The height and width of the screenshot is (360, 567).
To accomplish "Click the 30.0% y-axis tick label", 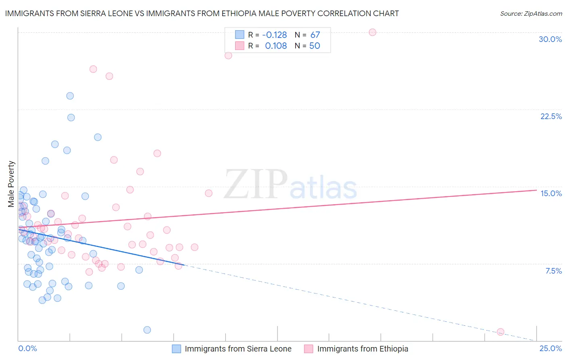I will click(550, 39).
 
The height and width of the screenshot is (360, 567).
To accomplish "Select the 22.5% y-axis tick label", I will click(551, 116).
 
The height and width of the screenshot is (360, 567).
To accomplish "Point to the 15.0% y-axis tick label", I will click(551, 193).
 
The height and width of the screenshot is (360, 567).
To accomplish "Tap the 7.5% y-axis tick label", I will click(553, 271).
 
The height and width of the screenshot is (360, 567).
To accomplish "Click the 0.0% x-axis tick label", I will click(27, 348).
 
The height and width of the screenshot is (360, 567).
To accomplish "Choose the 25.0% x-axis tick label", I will click(550, 348).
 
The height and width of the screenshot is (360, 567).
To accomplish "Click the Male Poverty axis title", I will click(11, 184).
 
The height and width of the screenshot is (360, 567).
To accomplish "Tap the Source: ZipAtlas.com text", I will click(531, 13).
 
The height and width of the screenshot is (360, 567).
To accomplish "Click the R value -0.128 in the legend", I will click(274, 35).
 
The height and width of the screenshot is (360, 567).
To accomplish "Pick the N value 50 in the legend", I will click(315, 46).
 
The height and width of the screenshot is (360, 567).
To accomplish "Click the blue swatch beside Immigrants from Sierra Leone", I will click(177, 349).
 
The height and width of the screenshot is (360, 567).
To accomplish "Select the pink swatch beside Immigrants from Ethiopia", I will click(309, 349).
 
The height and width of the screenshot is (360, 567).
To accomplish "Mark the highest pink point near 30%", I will click(372, 32).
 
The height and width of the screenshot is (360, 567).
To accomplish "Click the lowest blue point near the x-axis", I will click(147, 330).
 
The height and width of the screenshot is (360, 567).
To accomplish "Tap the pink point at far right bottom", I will click(500, 332).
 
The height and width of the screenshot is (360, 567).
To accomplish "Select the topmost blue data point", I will click(70, 96).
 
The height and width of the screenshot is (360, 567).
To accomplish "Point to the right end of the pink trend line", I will click(536, 190).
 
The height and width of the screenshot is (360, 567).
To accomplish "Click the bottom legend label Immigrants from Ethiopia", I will click(363, 349).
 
